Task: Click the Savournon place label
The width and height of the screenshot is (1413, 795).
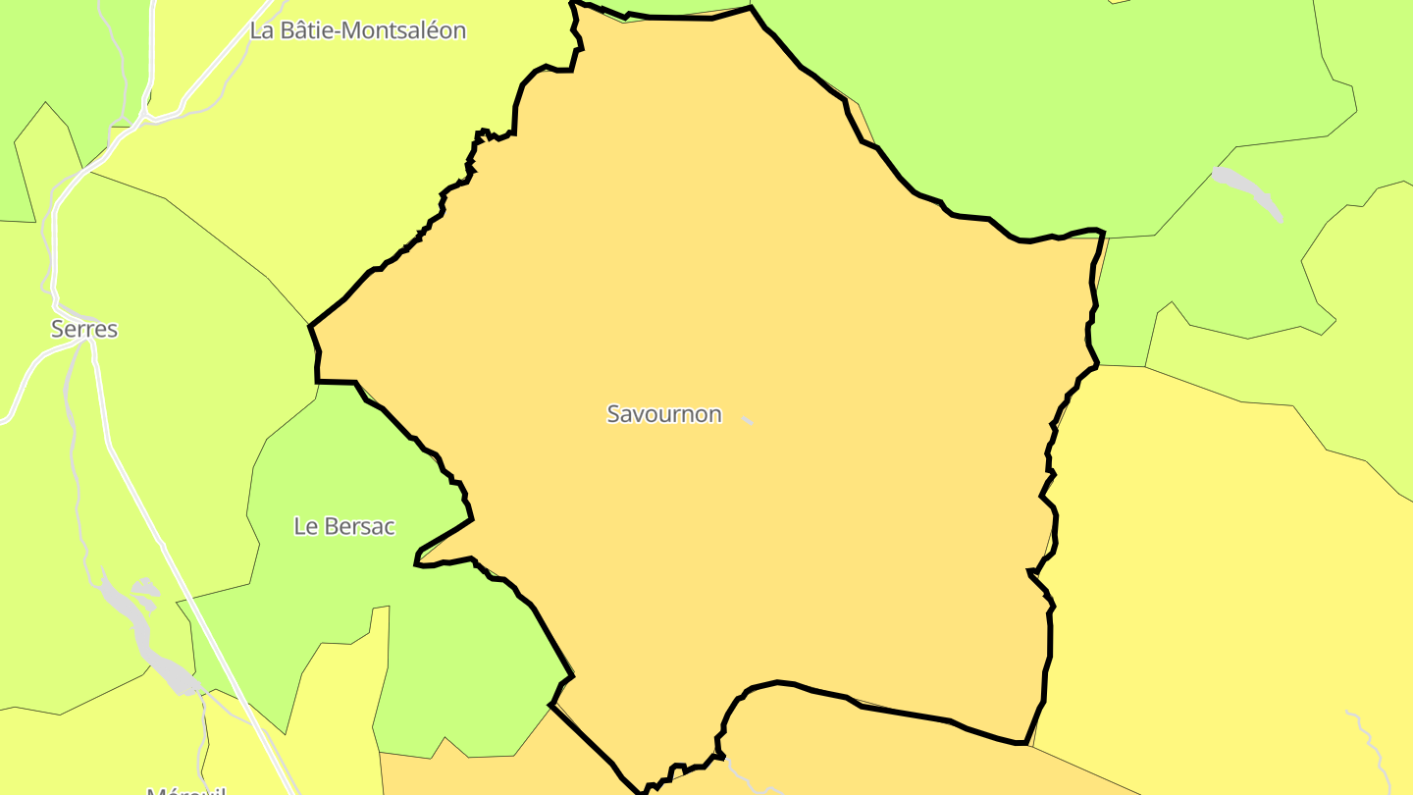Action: click(664, 414)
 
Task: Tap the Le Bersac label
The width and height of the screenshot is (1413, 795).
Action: click(344, 526)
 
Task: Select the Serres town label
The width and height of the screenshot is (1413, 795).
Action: click(84, 329)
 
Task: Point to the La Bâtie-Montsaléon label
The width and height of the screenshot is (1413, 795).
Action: click(357, 30)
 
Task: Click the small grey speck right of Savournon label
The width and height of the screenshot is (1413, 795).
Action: click(748, 421)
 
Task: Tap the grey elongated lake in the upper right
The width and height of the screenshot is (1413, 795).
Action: click(1247, 192)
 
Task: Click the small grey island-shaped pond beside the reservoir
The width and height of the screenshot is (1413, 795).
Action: click(145, 588)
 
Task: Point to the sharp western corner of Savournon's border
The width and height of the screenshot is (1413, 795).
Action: click(310, 326)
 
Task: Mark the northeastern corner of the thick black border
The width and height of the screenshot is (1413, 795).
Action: click(1103, 234)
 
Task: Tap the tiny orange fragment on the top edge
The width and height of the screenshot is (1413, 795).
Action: click(1117, 2)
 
